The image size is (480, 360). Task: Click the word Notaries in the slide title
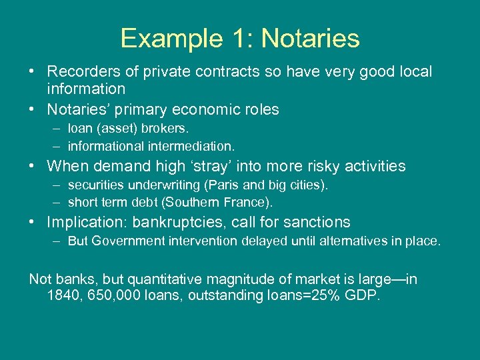pyautogui.click(x=310, y=39)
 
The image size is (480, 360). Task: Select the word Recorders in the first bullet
pyautogui.click(x=79, y=71)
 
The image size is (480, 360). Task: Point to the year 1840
pyautogui.click(x=64, y=295)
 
